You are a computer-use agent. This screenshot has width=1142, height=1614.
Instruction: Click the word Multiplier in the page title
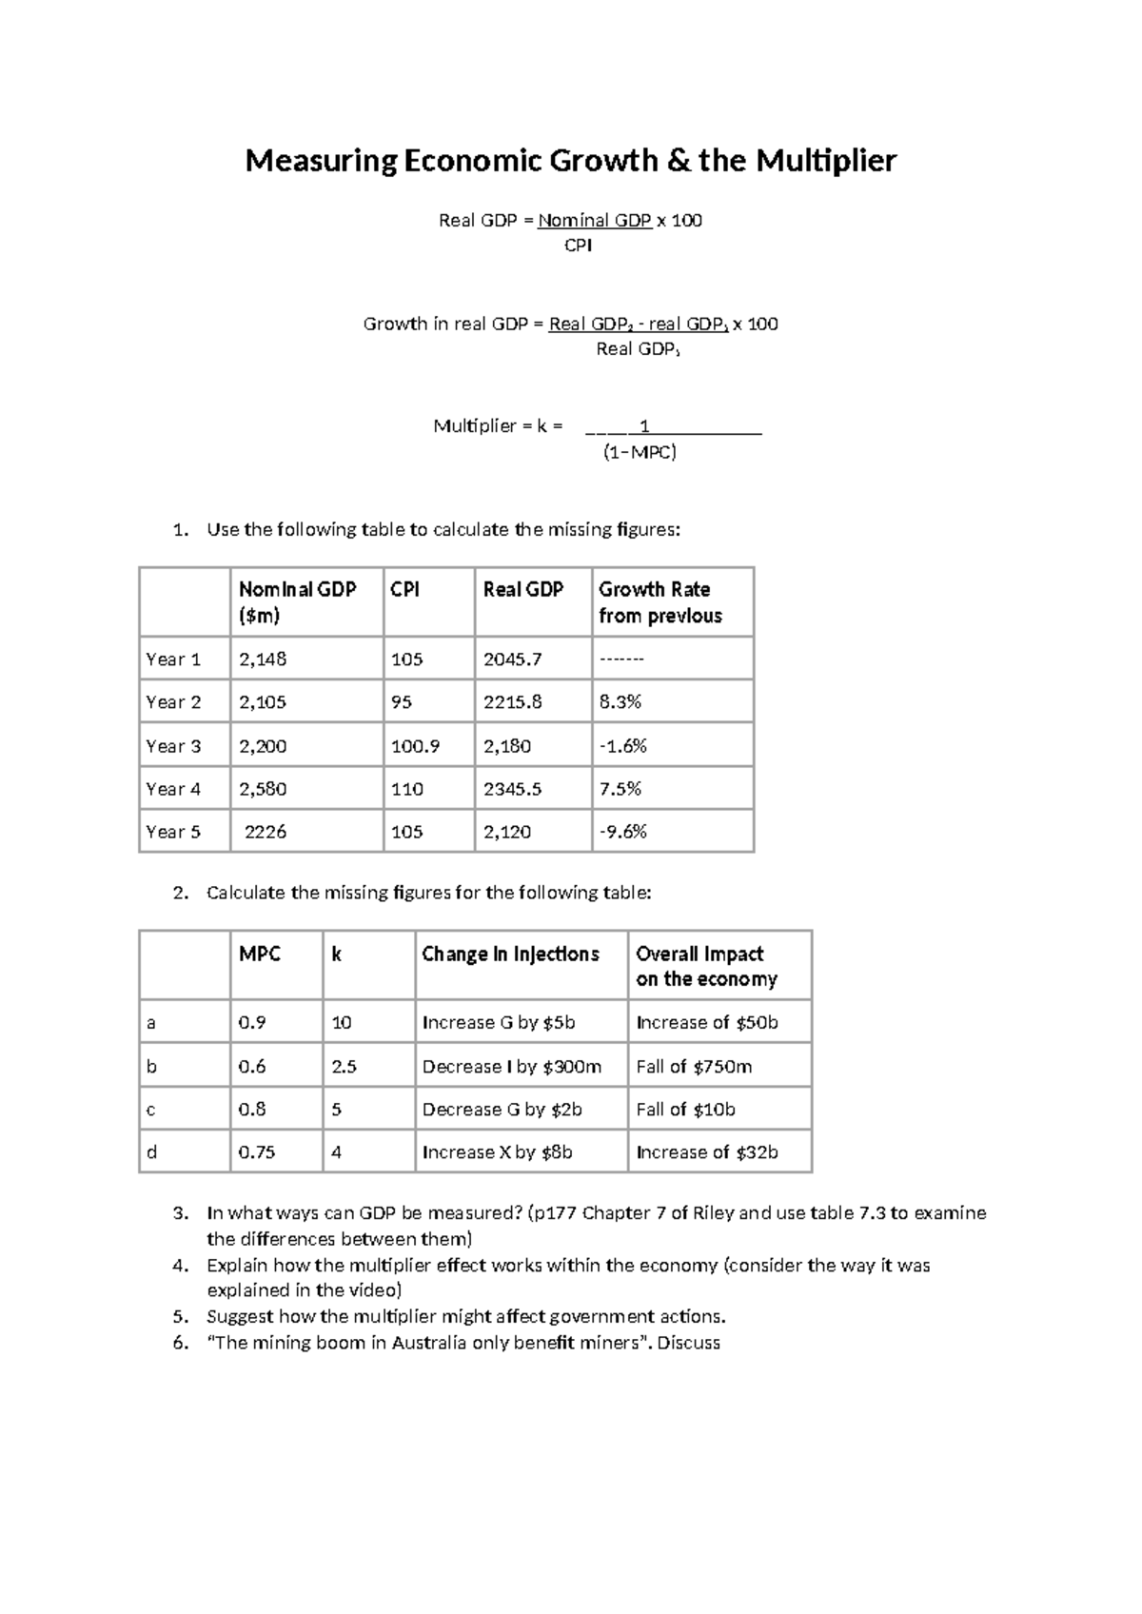(x=825, y=161)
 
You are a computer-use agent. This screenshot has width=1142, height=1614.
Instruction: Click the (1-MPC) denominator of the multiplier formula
(x=640, y=452)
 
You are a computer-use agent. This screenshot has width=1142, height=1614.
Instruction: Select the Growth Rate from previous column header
(x=660, y=602)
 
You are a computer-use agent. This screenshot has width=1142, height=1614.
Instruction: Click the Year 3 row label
(x=173, y=746)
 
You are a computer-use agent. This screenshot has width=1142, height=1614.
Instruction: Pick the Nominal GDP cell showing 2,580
(x=263, y=789)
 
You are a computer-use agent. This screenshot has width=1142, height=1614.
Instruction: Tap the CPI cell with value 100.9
(x=415, y=746)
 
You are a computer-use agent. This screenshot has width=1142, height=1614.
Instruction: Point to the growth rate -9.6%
(x=622, y=832)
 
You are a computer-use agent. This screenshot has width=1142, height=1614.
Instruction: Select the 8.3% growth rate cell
(x=620, y=702)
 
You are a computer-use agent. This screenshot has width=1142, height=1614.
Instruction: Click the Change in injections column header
(x=510, y=954)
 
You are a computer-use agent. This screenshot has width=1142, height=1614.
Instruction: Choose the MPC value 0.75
(x=257, y=1152)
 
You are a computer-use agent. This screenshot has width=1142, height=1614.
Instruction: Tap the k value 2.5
(x=344, y=1067)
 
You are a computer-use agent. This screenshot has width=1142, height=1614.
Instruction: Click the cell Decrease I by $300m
(x=511, y=1067)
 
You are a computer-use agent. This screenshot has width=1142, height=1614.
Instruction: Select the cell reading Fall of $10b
(x=685, y=1110)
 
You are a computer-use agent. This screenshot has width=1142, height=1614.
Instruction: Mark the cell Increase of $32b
(x=706, y=1152)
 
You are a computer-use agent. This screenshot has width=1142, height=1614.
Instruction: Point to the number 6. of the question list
(x=181, y=1343)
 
